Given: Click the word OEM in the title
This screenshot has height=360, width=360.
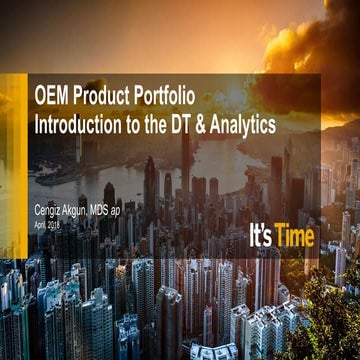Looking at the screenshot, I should point(52,102).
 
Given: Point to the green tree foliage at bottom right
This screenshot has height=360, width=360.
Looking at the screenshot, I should point(330,320).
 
